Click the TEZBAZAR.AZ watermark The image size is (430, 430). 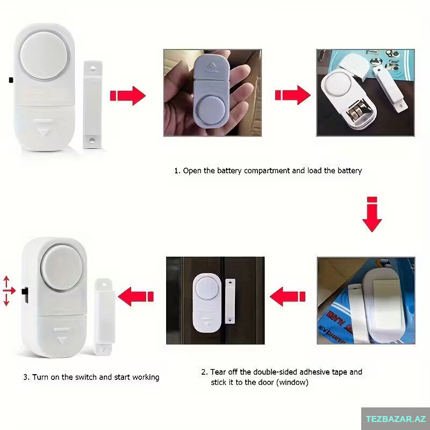tap(396, 419)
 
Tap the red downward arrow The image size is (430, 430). tap(372, 214)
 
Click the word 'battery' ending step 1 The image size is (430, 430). tap(349, 170)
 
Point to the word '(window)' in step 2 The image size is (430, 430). tap(292, 382)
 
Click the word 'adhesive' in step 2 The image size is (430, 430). tap(314, 372)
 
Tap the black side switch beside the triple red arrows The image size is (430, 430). tap(25, 295)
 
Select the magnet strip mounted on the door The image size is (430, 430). tap(230, 301)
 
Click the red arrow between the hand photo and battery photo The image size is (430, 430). tap(292, 95)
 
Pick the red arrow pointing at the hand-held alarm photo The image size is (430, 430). tap(127, 96)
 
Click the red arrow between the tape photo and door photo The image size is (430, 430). tap(288, 297)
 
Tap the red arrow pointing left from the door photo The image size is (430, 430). tap(136, 297)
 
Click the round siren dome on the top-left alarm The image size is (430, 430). tap(44, 56)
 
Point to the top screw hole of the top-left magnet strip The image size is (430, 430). tap(92, 68)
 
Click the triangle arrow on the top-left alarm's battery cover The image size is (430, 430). tap(42, 132)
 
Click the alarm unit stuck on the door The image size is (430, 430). tap(207, 303)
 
